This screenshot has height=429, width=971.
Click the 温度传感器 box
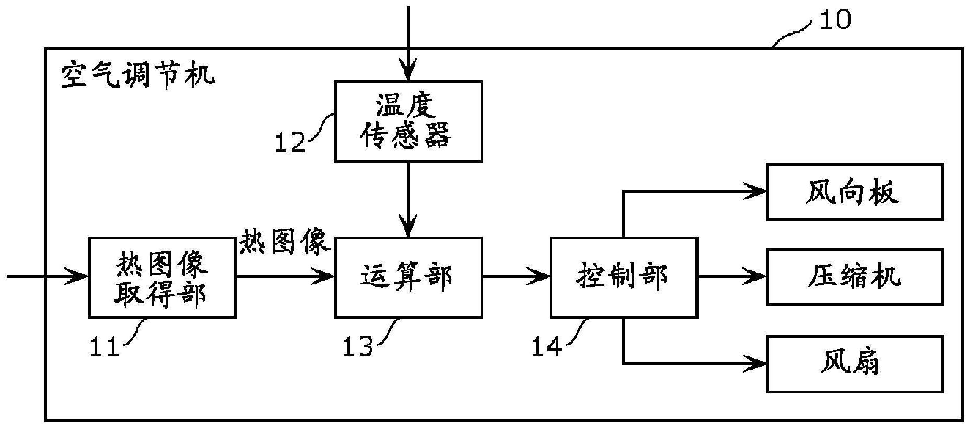(408, 122)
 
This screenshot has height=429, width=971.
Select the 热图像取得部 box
(162, 277)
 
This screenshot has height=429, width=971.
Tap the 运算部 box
(408, 277)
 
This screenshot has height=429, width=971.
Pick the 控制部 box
(624, 277)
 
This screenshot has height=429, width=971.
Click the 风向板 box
(854, 192)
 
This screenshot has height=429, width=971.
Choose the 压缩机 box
(854, 277)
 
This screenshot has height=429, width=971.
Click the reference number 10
(835, 20)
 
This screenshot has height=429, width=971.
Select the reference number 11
(104, 347)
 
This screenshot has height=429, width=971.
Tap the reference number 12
(290, 143)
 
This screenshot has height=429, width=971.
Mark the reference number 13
(357, 347)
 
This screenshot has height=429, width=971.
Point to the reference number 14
(546, 347)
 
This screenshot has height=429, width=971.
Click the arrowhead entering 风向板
(756, 191)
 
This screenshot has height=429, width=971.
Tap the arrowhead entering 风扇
(756, 363)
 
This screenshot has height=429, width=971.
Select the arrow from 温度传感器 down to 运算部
(408, 199)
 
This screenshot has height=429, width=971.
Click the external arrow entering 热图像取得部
(47, 276)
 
